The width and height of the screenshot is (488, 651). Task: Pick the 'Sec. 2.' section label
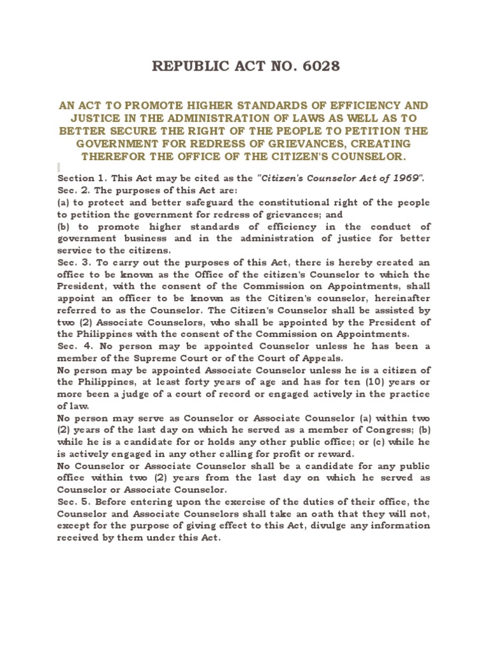pos(71,190)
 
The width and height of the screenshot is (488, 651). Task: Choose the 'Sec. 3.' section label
pos(71,263)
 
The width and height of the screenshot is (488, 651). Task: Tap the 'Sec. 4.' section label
pos(71,346)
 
